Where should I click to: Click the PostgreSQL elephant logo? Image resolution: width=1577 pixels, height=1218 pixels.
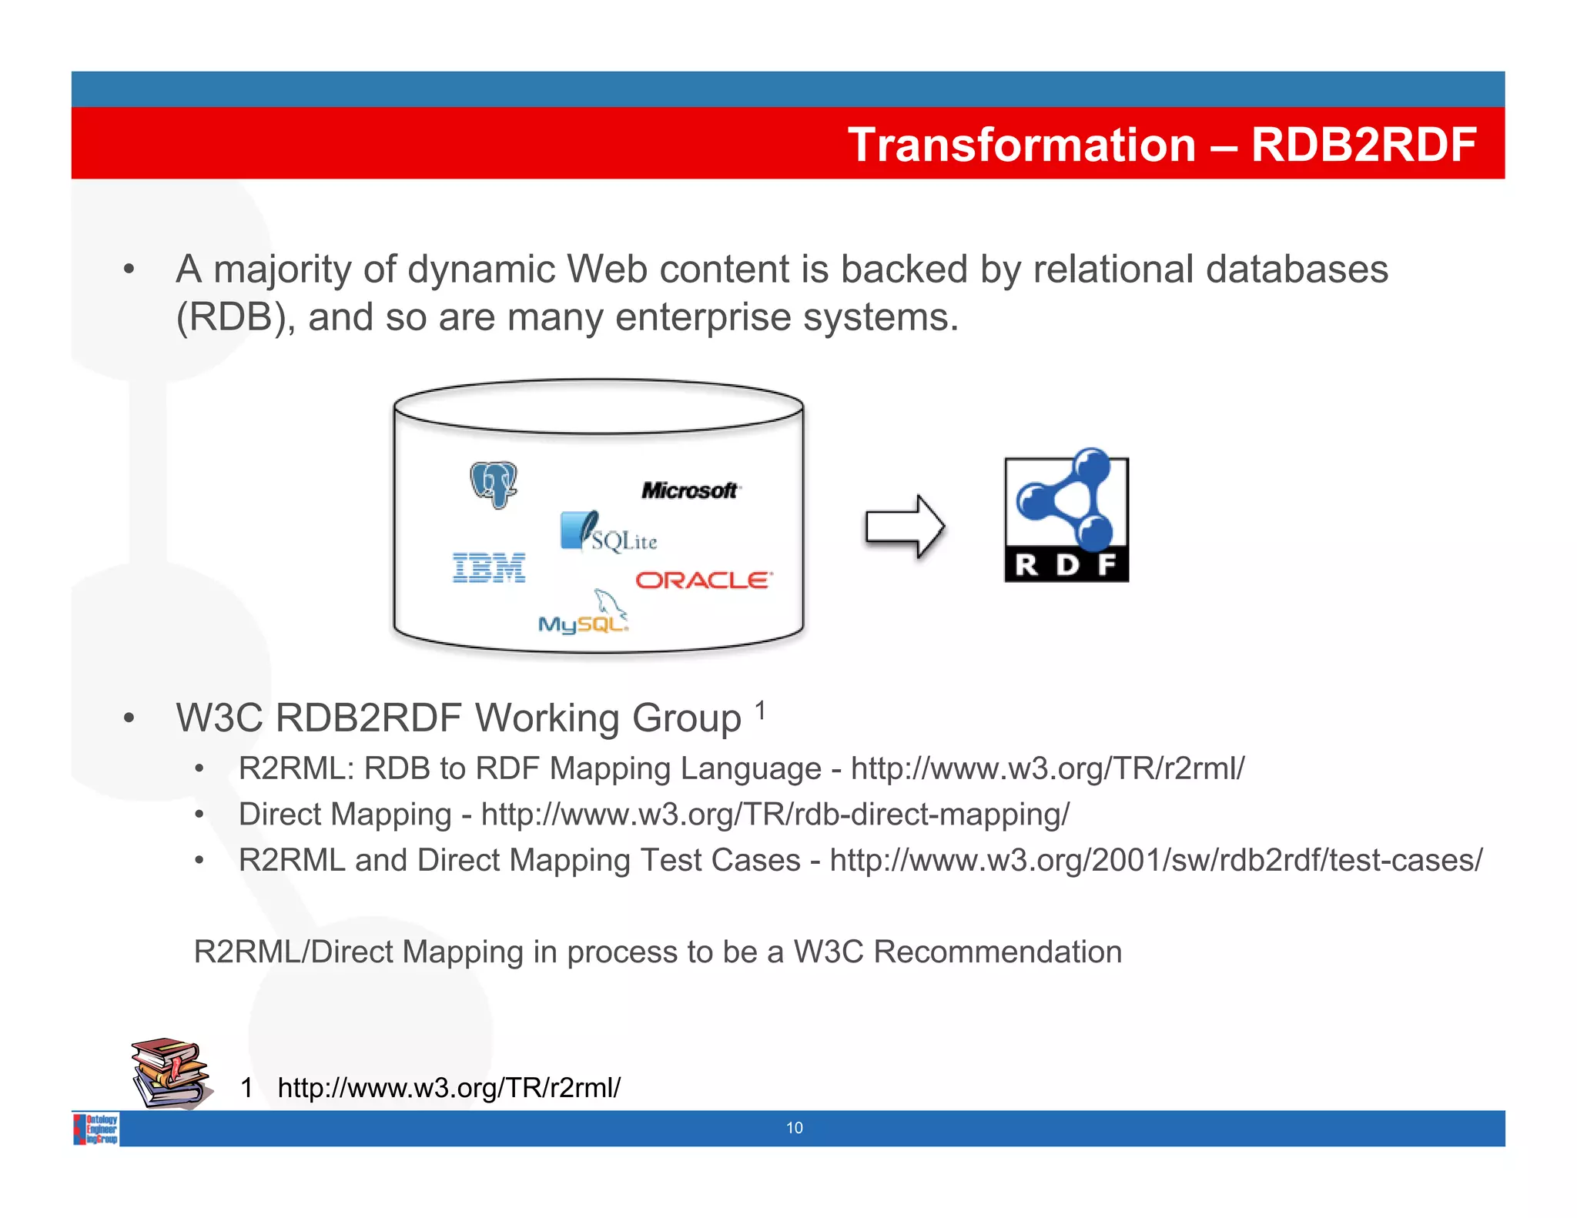(x=494, y=484)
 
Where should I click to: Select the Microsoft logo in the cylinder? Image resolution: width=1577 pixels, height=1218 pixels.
(x=690, y=490)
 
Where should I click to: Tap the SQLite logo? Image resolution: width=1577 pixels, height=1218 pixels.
(x=608, y=532)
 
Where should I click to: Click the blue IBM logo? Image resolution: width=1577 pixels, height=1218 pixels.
(x=489, y=567)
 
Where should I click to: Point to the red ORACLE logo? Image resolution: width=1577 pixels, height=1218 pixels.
(x=703, y=580)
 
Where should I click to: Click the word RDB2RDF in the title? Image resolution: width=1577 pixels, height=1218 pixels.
(x=1364, y=145)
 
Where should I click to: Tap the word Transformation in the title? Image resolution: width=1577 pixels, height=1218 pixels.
(x=1021, y=145)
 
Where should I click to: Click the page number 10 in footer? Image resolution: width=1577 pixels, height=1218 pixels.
(x=794, y=1128)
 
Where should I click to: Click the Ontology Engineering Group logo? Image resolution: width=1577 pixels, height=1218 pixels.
(x=97, y=1129)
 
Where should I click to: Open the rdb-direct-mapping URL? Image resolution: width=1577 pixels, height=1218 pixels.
(x=775, y=815)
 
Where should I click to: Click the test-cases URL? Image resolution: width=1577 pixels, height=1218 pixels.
(x=1155, y=860)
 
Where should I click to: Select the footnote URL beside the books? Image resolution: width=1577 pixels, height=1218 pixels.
(x=448, y=1087)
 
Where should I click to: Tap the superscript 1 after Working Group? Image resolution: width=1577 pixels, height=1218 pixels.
(x=760, y=709)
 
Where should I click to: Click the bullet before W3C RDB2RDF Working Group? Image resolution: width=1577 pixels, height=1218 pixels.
(x=129, y=718)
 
